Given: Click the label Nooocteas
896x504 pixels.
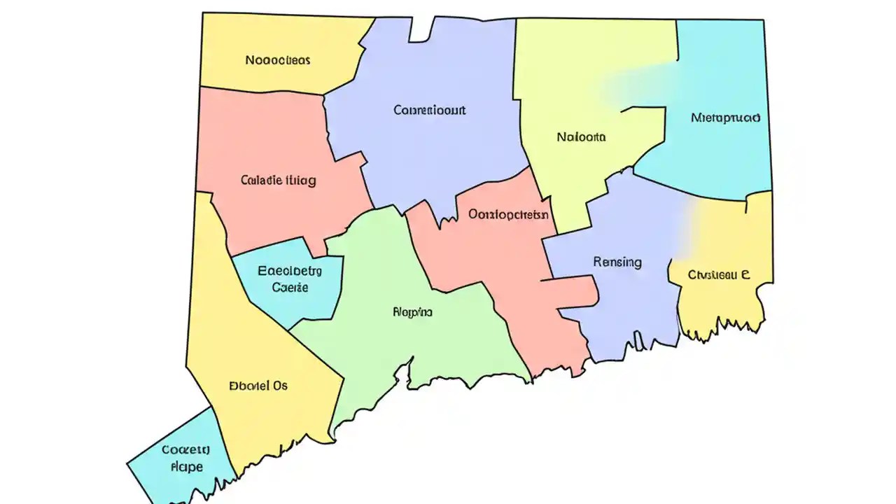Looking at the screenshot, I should (x=277, y=60).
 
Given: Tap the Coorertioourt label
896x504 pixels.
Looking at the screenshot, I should (x=429, y=110).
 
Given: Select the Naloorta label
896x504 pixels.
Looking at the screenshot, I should (x=581, y=137).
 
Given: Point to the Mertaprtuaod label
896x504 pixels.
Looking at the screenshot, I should (x=724, y=118).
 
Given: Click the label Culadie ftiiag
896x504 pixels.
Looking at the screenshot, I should (x=278, y=180).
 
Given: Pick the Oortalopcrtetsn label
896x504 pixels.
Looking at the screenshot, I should (x=508, y=215).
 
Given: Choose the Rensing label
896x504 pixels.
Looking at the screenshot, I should (x=617, y=262).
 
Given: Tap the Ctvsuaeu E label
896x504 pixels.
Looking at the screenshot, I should (x=719, y=275).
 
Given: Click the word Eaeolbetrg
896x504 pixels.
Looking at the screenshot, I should (x=289, y=270).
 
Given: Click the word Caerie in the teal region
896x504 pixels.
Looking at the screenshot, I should (x=289, y=287).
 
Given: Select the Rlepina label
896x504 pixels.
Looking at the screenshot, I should (x=412, y=312).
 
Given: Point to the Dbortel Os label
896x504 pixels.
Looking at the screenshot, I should (x=258, y=385).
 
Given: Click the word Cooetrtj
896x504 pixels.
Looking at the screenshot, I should (x=185, y=449).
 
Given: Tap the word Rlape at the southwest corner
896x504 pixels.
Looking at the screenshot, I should (x=186, y=466).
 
